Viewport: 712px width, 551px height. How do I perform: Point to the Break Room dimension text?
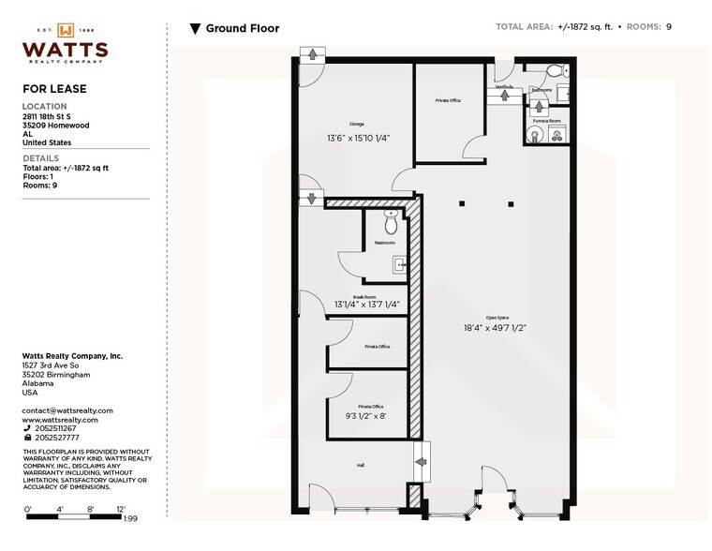[366, 304]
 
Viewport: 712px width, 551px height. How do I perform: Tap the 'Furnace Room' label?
[546, 121]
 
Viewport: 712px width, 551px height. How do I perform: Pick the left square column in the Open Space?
[461, 202]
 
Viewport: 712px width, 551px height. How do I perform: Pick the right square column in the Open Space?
[510, 202]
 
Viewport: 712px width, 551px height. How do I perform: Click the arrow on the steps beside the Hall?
[421, 461]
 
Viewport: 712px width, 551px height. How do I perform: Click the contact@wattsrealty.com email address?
[67, 410]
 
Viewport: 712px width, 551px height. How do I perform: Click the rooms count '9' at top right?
[669, 27]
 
